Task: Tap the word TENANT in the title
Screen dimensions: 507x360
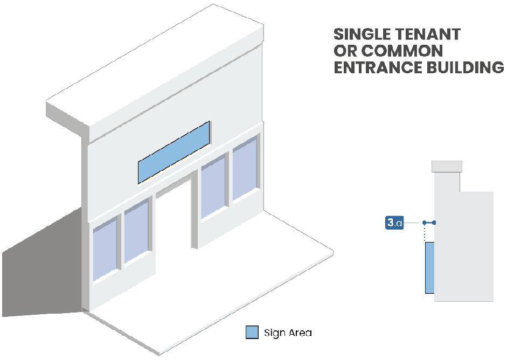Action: click(x=430, y=34)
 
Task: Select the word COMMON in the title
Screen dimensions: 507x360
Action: click(x=402, y=52)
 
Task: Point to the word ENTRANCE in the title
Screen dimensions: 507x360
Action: click(x=378, y=68)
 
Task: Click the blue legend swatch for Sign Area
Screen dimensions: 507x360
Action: click(x=252, y=333)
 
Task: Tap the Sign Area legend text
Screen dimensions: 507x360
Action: click(x=288, y=333)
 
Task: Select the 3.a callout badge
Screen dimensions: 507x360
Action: click(x=395, y=223)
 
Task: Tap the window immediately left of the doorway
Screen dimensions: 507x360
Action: click(x=136, y=231)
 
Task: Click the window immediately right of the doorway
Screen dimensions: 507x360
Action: click(x=213, y=186)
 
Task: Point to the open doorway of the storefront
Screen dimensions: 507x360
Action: click(x=174, y=226)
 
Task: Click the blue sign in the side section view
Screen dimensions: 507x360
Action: click(x=429, y=267)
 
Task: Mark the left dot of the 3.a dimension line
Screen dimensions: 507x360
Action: click(x=425, y=223)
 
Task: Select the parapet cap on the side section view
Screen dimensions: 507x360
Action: click(x=447, y=167)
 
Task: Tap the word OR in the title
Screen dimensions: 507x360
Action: click(x=345, y=52)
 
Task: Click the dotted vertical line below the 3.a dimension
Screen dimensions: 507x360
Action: click(x=425, y=233)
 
